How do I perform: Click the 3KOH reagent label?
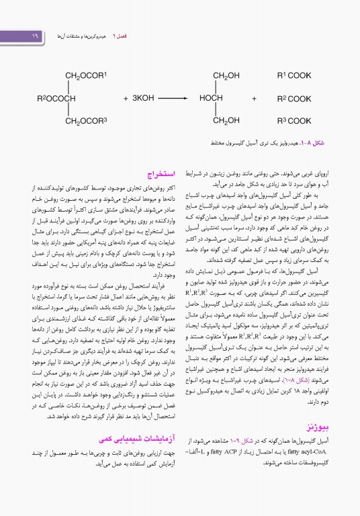coord(142,98)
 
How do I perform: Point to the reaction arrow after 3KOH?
coord(179,98)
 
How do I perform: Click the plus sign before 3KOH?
coord(126,98)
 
